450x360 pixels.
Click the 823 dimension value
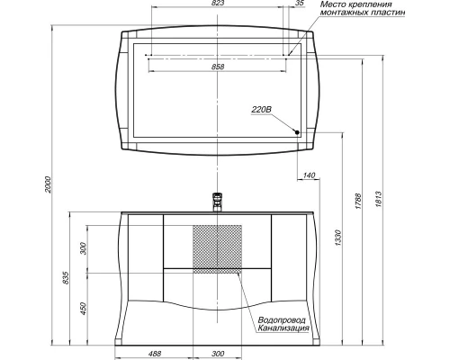(x=218, y=3)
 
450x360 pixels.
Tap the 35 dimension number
(x=300, y=3)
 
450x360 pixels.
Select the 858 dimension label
(x=218, y=67)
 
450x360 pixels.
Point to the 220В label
(x=261, y=110)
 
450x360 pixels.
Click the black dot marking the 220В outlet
(x=297, y=132)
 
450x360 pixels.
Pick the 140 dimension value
(x=309, y=175)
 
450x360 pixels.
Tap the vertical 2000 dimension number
(x=49, y=184)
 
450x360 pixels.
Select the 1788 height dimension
(x=358, y=201)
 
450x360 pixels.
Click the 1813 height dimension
(x=378, y=200)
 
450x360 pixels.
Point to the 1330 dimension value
(x=338, y=238)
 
